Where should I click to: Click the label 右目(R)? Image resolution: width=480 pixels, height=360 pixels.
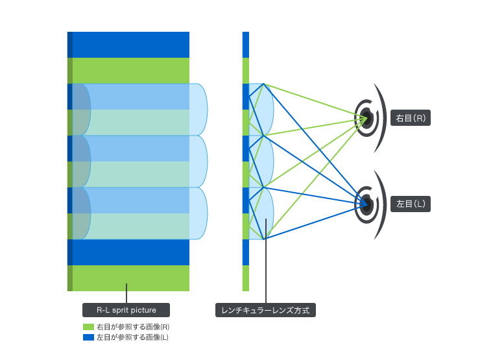pyautogui.click(x=411, y=119)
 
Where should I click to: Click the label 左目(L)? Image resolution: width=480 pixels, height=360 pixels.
pyautogui.click(x=411, y=204)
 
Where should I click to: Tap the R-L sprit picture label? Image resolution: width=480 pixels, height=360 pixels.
pyautogui.click(x=126, y=310)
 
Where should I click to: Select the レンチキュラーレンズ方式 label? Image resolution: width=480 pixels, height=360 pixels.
pyautogui.click(x=265, y=311)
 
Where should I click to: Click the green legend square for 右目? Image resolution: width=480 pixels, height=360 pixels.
pyautogui.click(x=89, y=327)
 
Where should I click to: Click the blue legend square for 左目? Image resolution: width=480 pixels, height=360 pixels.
pyautogui.click(x=89, y=337)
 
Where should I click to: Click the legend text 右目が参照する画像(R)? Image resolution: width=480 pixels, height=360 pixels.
pyautogui.click(x=133, y=327)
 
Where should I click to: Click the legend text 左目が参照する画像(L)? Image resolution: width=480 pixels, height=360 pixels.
pyautogui.click(x=132, y=337)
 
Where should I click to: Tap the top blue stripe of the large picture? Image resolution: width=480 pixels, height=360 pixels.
pyautogui.click(x=130, y=44)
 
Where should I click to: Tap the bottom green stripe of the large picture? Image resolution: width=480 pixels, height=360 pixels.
pyautogui.click(x=130, y=278)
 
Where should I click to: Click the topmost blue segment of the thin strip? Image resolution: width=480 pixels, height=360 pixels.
pyautogui.click(x=246, y=44)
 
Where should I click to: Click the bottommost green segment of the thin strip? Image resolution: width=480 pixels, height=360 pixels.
pyautogui.click(x=246, y=278)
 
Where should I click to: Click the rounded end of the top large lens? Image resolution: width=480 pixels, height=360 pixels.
pyautogui.click(x=199, y=109)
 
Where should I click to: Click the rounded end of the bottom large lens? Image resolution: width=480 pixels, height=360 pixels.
pyautogui.click(x=199, y=213)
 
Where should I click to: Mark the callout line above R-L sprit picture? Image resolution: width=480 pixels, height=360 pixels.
pyautogui.click(x=126, y=293)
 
